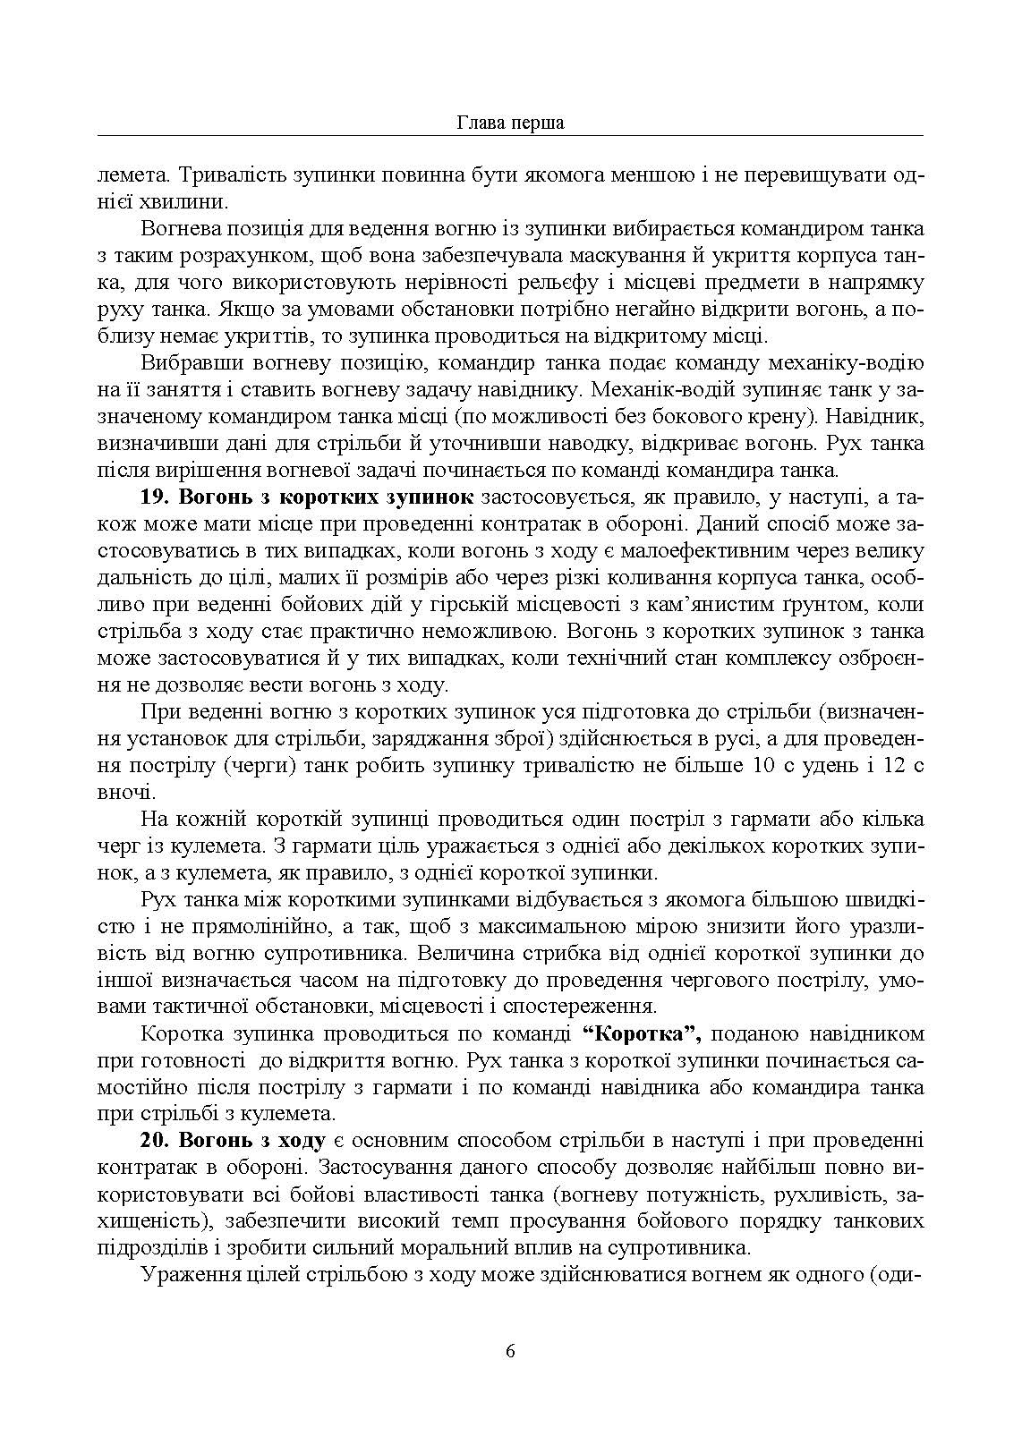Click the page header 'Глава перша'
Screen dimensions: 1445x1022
point(510,123)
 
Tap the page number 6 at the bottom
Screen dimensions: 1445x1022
point(510,1351)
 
